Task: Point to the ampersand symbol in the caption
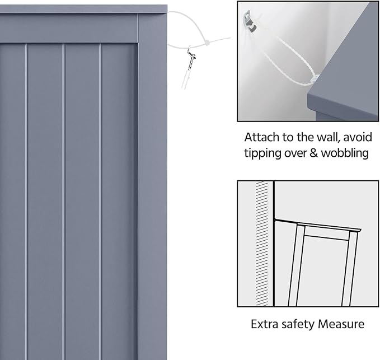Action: pyautogui.click(x=313, y=153)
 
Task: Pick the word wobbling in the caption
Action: pyautogui.click(x=345, y=153)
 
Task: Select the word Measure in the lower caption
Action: pyautogui.click(x=341, y=324)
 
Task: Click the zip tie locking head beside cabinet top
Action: pyautogui.click(x=208, y=44)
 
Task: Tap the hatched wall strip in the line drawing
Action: pyautogui.click(x=262, y=244)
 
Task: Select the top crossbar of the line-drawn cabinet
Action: pyautogui.click(x=326, y=237)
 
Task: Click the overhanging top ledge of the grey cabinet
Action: pyautogui.click(x=83, y=9)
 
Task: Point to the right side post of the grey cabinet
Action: pyautogui.click(x=152, y=186)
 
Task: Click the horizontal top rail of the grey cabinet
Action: pyautogui.click(x=69, y=29)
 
